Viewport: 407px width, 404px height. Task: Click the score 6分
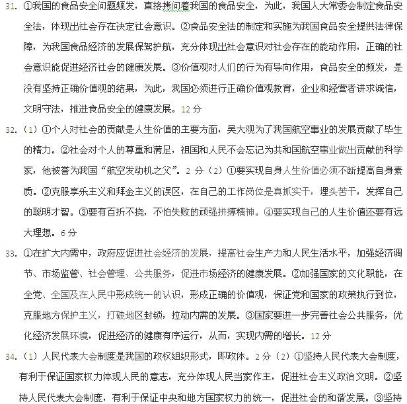pos(68,233)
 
